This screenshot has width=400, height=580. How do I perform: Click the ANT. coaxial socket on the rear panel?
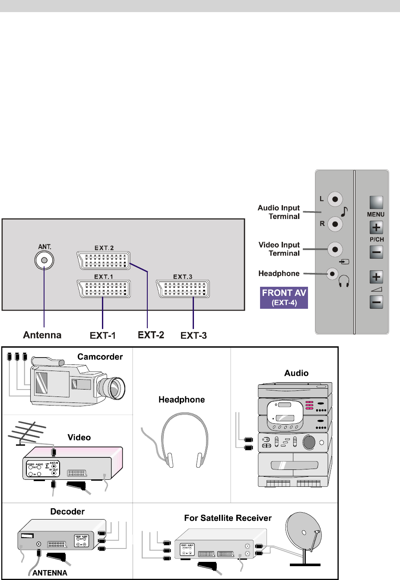44,260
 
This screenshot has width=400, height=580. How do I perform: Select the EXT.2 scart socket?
104,260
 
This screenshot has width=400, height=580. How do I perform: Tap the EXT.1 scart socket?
104,289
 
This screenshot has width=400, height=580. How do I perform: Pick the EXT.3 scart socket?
183,289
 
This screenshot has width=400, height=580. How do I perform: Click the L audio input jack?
335,200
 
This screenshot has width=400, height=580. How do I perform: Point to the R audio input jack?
335,224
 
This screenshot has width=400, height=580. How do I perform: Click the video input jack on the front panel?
335,249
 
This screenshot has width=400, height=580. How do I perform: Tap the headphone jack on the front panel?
332,273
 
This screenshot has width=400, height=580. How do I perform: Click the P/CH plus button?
376,228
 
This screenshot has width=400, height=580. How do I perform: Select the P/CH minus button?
376,252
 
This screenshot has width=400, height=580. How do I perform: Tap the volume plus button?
376,277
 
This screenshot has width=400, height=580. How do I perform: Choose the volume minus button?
376,301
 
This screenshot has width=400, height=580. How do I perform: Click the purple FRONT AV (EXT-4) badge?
284,298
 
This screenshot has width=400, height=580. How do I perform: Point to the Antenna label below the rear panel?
42,335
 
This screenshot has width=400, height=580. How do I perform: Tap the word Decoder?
67,512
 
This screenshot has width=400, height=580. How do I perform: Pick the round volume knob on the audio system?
309,442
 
